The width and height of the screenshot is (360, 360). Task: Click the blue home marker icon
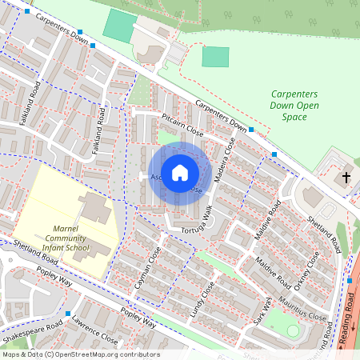pos(180,172)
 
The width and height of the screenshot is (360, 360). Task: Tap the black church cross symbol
pos(346,177)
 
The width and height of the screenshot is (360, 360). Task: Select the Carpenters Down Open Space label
pos(294,106)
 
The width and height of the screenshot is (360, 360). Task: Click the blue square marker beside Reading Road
pos(350,280)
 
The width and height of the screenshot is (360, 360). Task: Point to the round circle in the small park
pos(293,330)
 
